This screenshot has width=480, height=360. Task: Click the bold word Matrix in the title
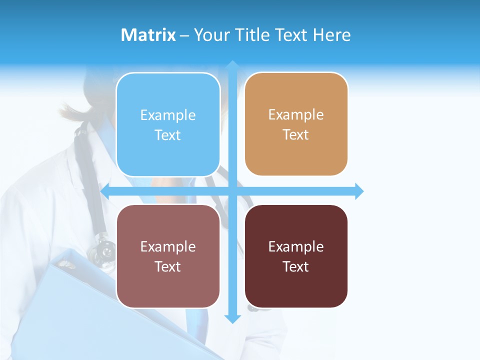[148, 35]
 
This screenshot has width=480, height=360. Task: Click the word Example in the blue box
[168, 115]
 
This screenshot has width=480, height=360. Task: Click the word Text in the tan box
[296, 135]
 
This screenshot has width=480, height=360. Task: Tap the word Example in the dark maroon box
[296, 246]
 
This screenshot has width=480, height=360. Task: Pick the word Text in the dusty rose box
[168, 266]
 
